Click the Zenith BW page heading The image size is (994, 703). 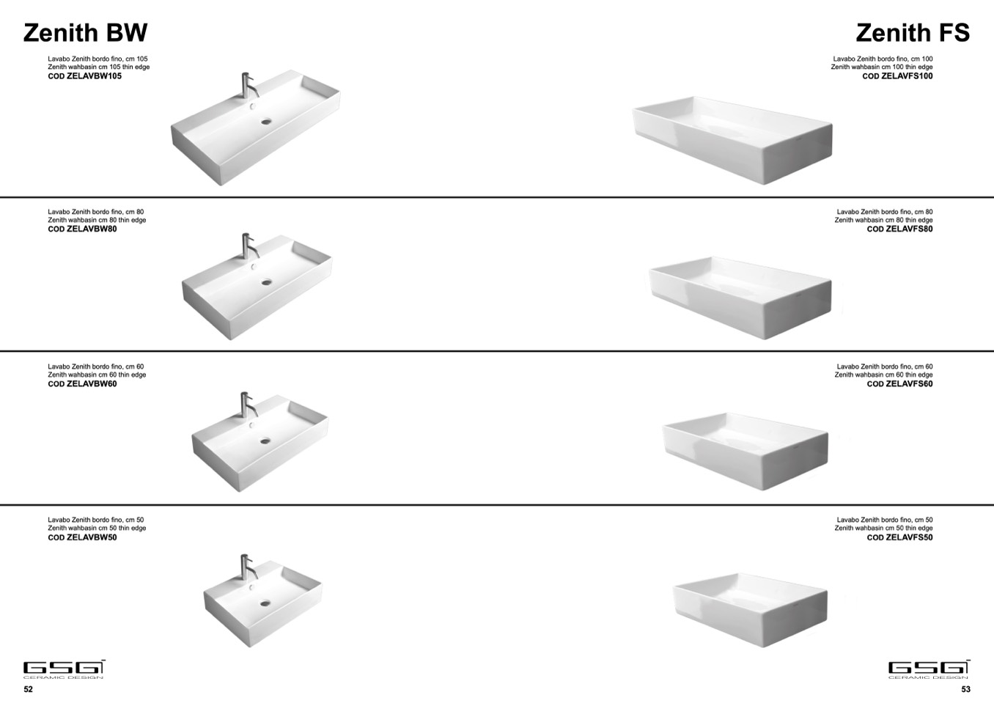(85, 33)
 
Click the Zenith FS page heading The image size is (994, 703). (913, 33)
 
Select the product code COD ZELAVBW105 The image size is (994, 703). (85, 76)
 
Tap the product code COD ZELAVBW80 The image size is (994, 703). (83, 229)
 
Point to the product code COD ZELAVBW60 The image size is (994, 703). (83, 384)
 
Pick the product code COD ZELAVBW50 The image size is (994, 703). (83, 537)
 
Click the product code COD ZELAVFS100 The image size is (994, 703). (898, 76)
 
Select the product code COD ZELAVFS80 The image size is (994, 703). (900, 229)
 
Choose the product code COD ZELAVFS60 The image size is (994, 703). (900, 384)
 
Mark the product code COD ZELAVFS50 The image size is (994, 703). (900, 537)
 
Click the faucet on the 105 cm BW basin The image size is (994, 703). (248, 85)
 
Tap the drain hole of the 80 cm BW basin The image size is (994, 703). (266, 281)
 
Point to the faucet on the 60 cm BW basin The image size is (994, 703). (247, 405)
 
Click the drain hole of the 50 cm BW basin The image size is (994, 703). (265, 603)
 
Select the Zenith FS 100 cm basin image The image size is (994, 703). (732, 140)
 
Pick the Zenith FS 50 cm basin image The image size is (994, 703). (751, 609)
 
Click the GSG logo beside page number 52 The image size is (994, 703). (65, 669)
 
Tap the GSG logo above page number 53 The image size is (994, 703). (929, 669)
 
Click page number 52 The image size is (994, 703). (28, 689)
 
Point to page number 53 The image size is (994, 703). (966, 689)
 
